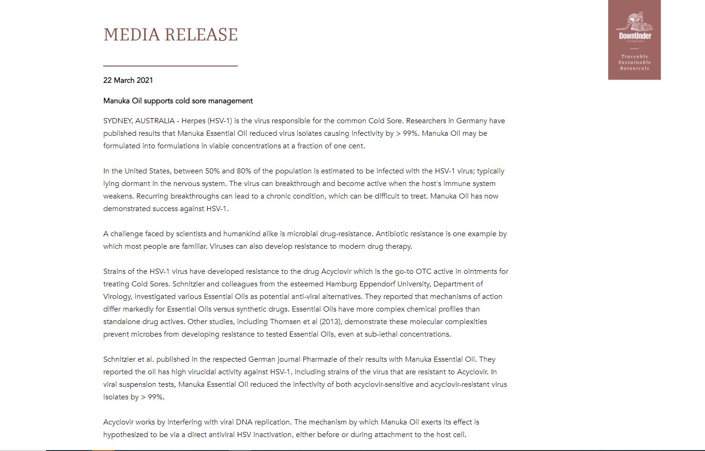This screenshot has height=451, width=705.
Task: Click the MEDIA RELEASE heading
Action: click(170, 35)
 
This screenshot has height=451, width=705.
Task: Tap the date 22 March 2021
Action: click(128, 80)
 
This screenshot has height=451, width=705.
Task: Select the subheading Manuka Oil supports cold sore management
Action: click(178, 101)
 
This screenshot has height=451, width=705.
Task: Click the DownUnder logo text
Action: click(635, 36)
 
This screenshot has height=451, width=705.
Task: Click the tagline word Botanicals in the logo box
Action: click(634, 68)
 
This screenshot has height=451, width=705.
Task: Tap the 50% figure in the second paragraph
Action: click(212, 171)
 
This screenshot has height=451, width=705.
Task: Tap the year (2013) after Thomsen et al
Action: click(330, 322)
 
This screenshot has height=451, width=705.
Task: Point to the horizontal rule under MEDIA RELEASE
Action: click(170, 66)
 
